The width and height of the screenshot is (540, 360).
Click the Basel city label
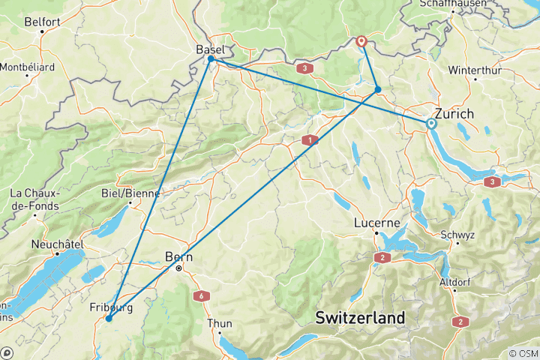click(210, 49)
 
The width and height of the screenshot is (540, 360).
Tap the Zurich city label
click(455, 114)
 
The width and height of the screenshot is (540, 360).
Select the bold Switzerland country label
click(360, 317)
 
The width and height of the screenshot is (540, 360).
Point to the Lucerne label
click(376, 223)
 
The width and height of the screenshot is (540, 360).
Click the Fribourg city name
click(111, 307)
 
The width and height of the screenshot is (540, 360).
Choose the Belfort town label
click(42, 22)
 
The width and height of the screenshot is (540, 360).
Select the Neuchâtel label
click(56, 244)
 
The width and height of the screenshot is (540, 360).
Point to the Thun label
click(220, 324)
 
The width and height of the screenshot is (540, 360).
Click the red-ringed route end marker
click(361, 41)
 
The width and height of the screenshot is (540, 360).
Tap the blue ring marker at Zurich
click(431, 124)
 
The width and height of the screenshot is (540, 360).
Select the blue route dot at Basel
click(211, 58)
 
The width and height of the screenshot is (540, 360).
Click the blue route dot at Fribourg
click(109, 319)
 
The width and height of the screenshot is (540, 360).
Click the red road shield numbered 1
click(308, 139)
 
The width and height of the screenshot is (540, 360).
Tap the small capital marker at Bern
click(178, 268)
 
